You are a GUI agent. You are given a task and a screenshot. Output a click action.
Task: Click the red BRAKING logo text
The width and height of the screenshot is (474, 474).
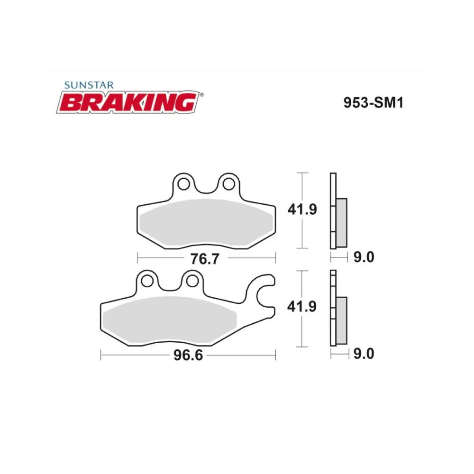coord(128,102)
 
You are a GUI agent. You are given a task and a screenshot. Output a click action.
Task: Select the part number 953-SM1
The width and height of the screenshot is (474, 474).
coord(373,102)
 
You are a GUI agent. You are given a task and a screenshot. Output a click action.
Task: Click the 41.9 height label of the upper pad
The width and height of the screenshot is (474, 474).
coord(302,210)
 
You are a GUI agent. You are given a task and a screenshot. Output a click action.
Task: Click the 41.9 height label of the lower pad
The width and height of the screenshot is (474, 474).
coord(302,307)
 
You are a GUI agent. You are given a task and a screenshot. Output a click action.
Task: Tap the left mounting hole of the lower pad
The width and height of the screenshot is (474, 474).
coord(147,281)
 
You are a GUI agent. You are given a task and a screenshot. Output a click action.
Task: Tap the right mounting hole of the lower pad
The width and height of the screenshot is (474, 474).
coord(191,281)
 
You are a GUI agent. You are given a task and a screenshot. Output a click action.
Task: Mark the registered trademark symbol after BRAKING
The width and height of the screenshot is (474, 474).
coord(201,95)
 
